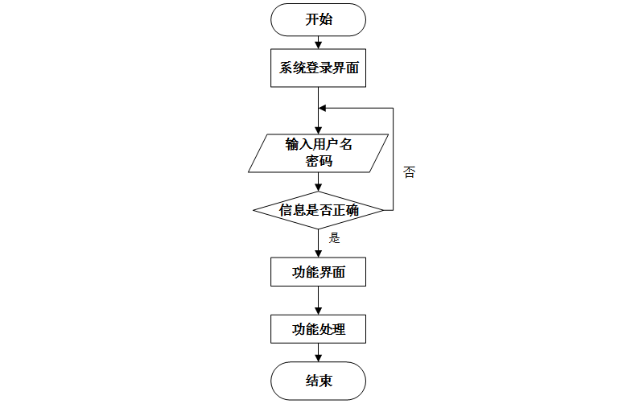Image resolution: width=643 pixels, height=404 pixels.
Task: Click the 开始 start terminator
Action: [x=319, y=19]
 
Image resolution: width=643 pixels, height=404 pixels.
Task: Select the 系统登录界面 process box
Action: [x=319, y=68]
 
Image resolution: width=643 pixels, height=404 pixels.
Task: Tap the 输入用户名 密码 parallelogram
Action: [x=319, y=152]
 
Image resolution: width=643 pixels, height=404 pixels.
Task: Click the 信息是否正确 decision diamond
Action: [x=319, y=211]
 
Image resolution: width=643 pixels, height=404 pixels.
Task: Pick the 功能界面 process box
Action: [x=319, y=272]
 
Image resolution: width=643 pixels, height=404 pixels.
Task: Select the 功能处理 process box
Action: [x=319, y=328]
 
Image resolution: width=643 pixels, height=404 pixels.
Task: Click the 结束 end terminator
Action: [x=319, y=381]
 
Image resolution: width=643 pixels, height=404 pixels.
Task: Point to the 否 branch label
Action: [x=409, y=172]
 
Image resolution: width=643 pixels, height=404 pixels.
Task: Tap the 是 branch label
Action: [x=336, y=238]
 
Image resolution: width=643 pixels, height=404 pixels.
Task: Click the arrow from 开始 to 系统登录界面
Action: [x=319, y=43]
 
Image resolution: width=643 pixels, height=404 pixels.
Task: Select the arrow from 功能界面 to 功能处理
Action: [x=319, y=300]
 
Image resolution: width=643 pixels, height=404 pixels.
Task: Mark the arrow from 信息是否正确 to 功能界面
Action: [x=319, y=243]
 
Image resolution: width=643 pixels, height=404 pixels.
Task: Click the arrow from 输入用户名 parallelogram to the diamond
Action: [x=319, y=182]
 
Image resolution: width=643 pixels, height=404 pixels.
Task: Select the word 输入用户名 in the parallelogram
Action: [x=319, y=144]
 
